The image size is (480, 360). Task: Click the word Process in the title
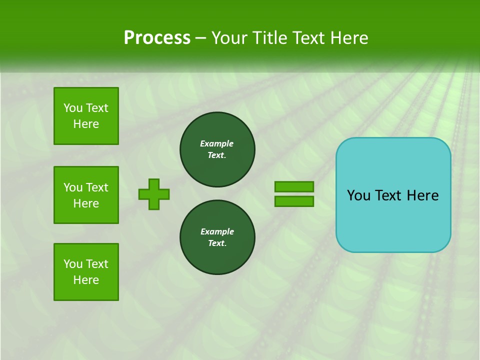pyautogui.click(x=157, y=38)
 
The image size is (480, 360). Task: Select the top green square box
pyautogui.click(x=86, y=116)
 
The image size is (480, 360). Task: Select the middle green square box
pyautogui.click(x=86, y=195)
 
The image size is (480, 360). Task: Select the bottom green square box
pyautogui.click(x=86, y=272)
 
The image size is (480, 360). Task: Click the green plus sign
pyautogui.click(x=154, y=194)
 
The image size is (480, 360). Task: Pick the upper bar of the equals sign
pyautogui.click(x=294, y=187)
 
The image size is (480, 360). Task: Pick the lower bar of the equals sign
pyautogui.click(x=294, y=201)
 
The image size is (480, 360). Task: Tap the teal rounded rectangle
pyautogui.click(x=393, y=220)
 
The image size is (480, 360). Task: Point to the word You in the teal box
pyautogui.click(x=358, y=195)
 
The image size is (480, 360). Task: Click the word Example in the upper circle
pyautogui.click(x=216, y=143)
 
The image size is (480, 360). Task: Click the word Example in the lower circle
pyautogui.click(x=217, y=231)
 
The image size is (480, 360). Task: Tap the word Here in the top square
pyautogui.click(x=86, y=124)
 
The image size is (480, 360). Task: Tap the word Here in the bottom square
pyautogui.click(x=86, y=280)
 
